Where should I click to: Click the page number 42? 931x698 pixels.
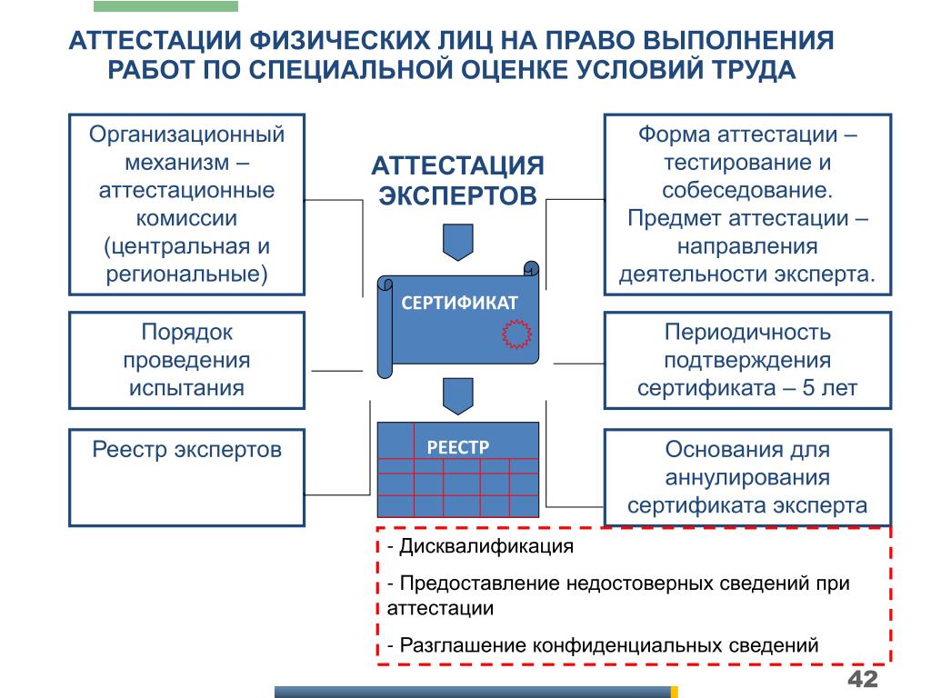863,678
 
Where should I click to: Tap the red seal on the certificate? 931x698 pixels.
516,334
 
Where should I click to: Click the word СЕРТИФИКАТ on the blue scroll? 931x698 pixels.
459,303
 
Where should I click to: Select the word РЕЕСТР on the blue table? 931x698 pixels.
458,447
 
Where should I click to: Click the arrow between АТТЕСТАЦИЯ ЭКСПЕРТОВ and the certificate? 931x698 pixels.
458,242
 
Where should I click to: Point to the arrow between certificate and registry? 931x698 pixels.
458,396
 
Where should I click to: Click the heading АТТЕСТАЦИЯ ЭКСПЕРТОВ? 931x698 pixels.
458,181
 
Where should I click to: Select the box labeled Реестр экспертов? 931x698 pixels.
187,478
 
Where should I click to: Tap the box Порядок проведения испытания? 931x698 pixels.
187,360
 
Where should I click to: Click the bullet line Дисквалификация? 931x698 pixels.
480,546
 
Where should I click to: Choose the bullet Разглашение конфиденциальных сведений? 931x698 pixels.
603,644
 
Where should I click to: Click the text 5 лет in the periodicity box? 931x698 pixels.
829,388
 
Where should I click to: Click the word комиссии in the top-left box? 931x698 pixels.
187,218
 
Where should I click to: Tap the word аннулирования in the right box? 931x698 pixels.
747,478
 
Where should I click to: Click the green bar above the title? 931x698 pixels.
165,6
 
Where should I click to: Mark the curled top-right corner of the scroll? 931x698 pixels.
531,269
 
